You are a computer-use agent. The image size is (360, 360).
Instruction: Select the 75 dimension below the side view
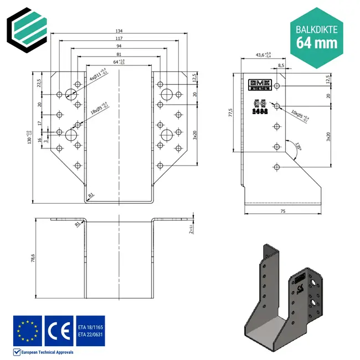tap(282, 211)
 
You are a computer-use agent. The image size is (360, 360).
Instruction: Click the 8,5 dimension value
tap(281, 65)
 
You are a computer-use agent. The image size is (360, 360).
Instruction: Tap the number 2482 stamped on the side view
tap(260, 111)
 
